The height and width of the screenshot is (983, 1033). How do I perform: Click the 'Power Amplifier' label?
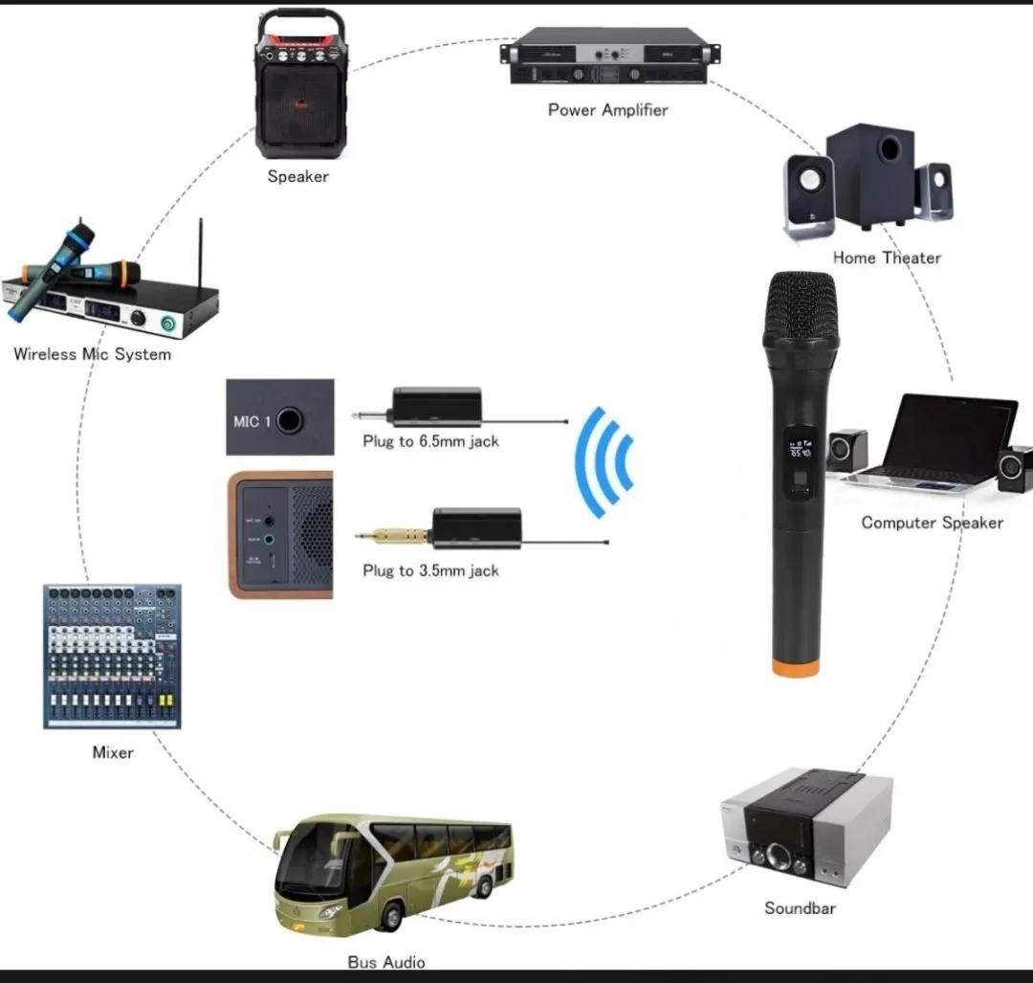(607, 110)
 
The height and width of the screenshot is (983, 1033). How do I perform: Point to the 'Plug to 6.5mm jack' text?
(430, 441)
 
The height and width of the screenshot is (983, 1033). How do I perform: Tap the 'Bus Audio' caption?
(386, 962)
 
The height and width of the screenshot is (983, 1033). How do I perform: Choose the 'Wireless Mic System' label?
(93, 354)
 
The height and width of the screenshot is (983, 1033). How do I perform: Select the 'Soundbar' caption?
(800, 907)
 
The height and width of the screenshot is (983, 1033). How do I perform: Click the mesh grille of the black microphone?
(802, 304)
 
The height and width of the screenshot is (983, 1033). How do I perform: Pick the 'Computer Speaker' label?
(932, 523)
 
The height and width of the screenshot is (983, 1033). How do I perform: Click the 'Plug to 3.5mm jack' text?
(430, 570)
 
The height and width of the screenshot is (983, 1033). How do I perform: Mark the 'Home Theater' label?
(887, 257)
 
